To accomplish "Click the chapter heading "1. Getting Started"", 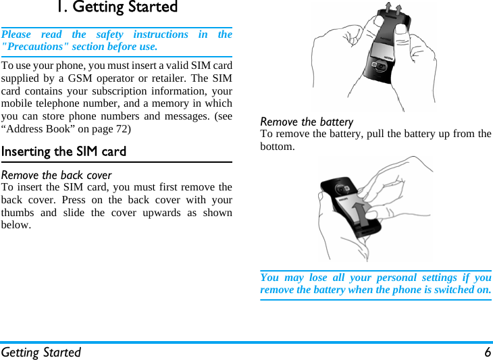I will pos(116,7).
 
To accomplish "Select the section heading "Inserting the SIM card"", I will pos(63,151).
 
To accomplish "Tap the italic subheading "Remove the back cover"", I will pos(57,176).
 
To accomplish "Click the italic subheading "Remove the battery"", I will pos(307,122).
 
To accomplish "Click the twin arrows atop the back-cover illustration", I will pos(396,9).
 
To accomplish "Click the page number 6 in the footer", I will pos(487,352).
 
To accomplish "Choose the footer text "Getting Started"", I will pos(41,352).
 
